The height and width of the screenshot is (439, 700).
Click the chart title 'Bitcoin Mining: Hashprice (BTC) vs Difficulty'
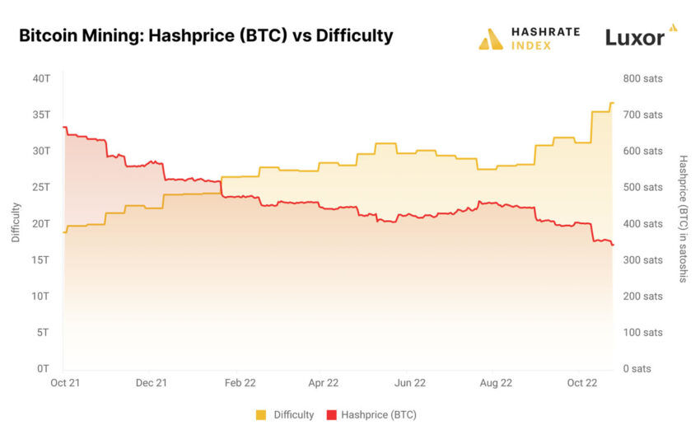tap(205, 36)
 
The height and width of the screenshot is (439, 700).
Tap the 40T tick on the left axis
tap(42, 78)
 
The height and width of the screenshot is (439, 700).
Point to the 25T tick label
tap(42, 187)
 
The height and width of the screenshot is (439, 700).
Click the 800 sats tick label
tap(642, 78)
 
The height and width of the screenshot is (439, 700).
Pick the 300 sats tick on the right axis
tap(642, 259)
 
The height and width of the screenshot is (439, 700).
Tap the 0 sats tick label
tap(637, 368)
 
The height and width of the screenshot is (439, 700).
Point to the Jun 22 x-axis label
tap(410, 383)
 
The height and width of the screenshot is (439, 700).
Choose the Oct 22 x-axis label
tap(582, 383)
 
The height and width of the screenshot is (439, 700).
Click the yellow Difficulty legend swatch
tap(262, 415)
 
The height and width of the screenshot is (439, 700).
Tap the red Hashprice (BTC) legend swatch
tap(332, 415)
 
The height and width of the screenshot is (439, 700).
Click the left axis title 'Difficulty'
tap(16, 222)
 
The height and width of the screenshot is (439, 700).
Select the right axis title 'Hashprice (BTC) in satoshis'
tap(683, 218)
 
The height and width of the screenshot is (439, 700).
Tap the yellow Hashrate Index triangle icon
tap(491, 40)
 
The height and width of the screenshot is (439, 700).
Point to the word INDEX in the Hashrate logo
tap(529, 45)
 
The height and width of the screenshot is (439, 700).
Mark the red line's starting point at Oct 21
tap(63, 128)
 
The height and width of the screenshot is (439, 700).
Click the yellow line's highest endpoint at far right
tap(612, 103)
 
